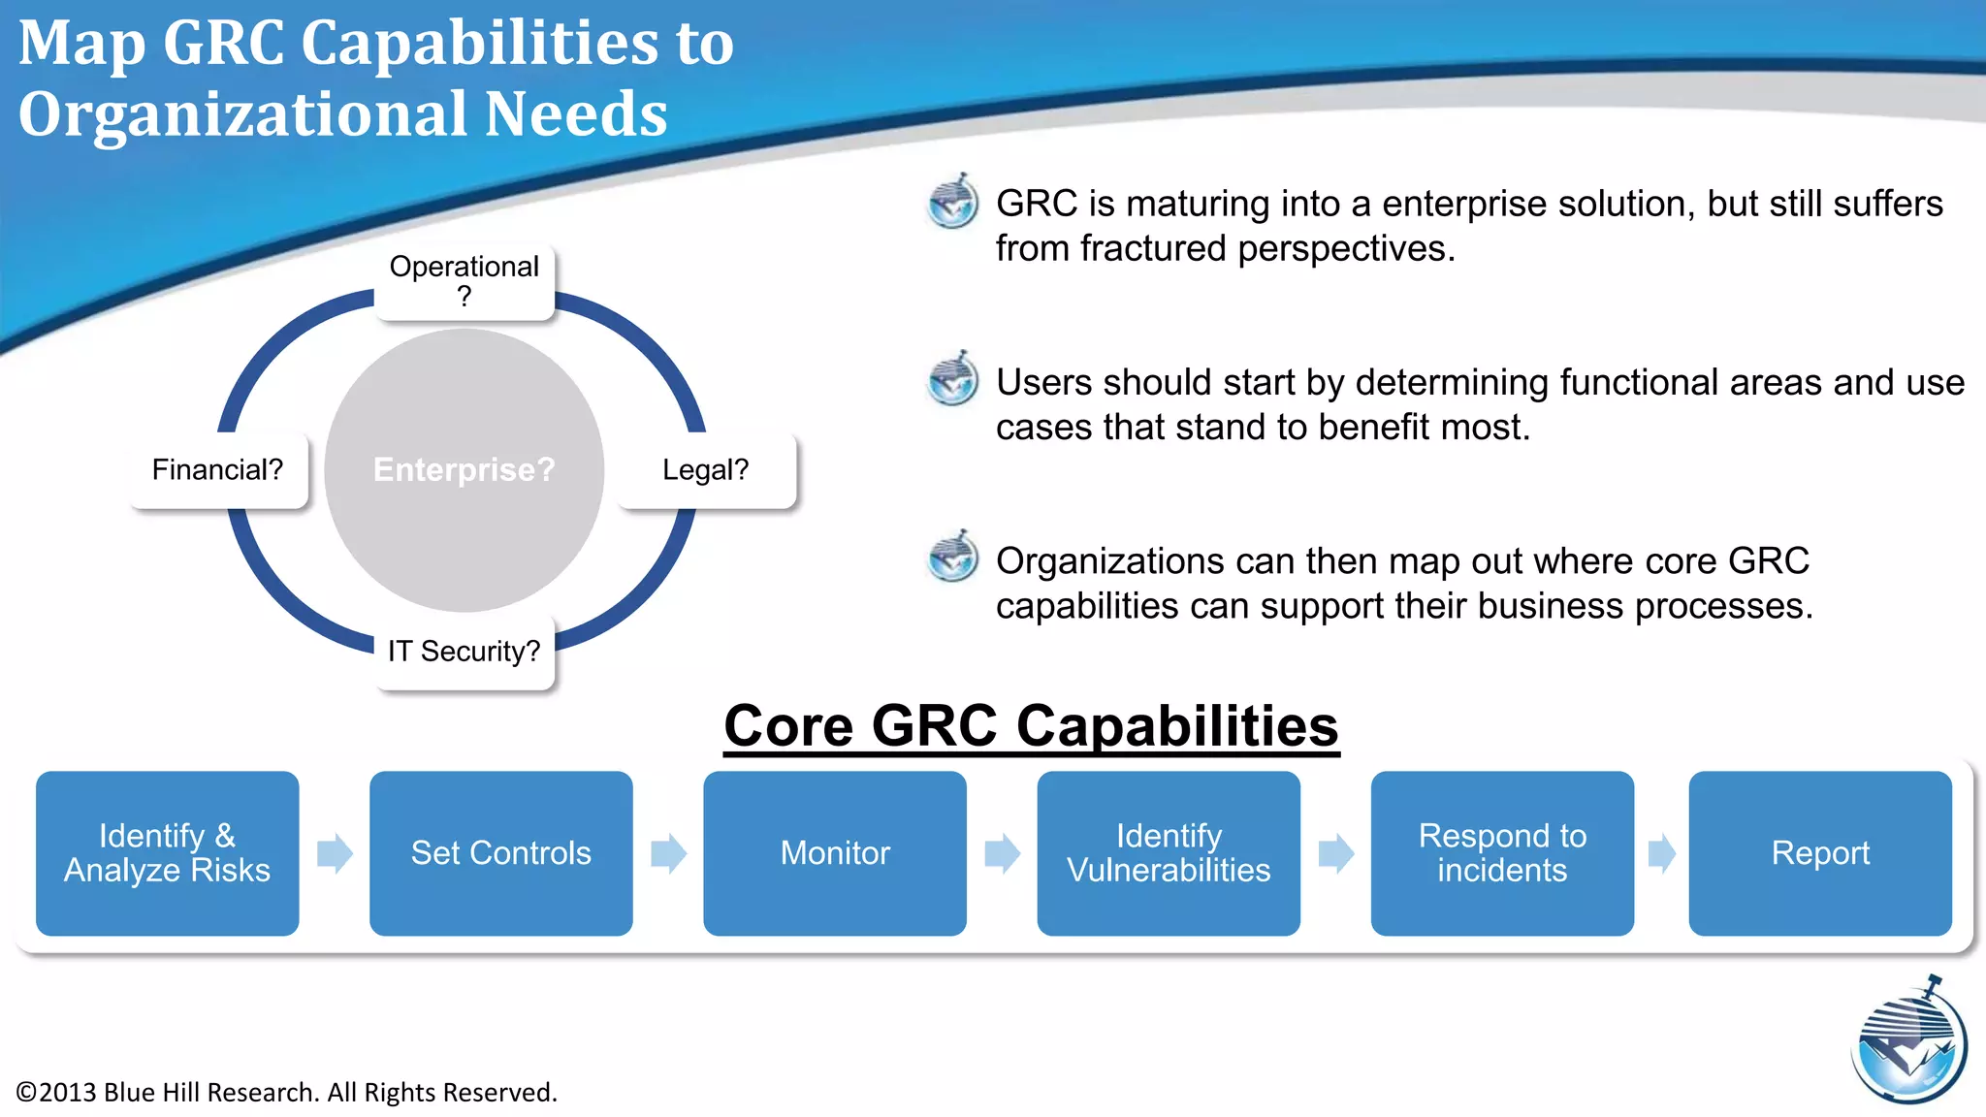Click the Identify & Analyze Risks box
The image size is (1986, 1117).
[x=167, y=853]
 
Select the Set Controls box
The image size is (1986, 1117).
[x=500, y=853]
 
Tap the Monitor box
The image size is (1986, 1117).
[x=834, y=853]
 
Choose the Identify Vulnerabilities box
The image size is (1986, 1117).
[x=1168, y=853]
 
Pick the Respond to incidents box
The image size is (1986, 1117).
[x=1501, y=853]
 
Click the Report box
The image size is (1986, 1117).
[x=1819, y=853]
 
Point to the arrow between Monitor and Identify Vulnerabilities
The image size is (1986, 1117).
[x=1002, y=854]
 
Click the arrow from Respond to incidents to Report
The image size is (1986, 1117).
[x=1661, y=854]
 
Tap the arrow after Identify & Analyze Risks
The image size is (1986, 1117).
[x=335, y=854]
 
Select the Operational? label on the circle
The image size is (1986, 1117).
[x=464, y=281]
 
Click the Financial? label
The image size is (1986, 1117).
[x=218, y=470]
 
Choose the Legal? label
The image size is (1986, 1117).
[x=706, y=470]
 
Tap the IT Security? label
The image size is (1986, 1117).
[x=464, y=652]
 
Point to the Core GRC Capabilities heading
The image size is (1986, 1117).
[x=1031, y=726]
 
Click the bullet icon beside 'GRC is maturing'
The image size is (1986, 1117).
[x=952, y=202]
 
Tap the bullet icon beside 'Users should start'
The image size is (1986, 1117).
[x=952, y=379]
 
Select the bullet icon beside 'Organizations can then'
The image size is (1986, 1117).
[x=952, y=557]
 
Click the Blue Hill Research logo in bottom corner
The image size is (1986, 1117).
[x=1908, y=1043]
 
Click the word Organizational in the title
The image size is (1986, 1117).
[x=242, y=114]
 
